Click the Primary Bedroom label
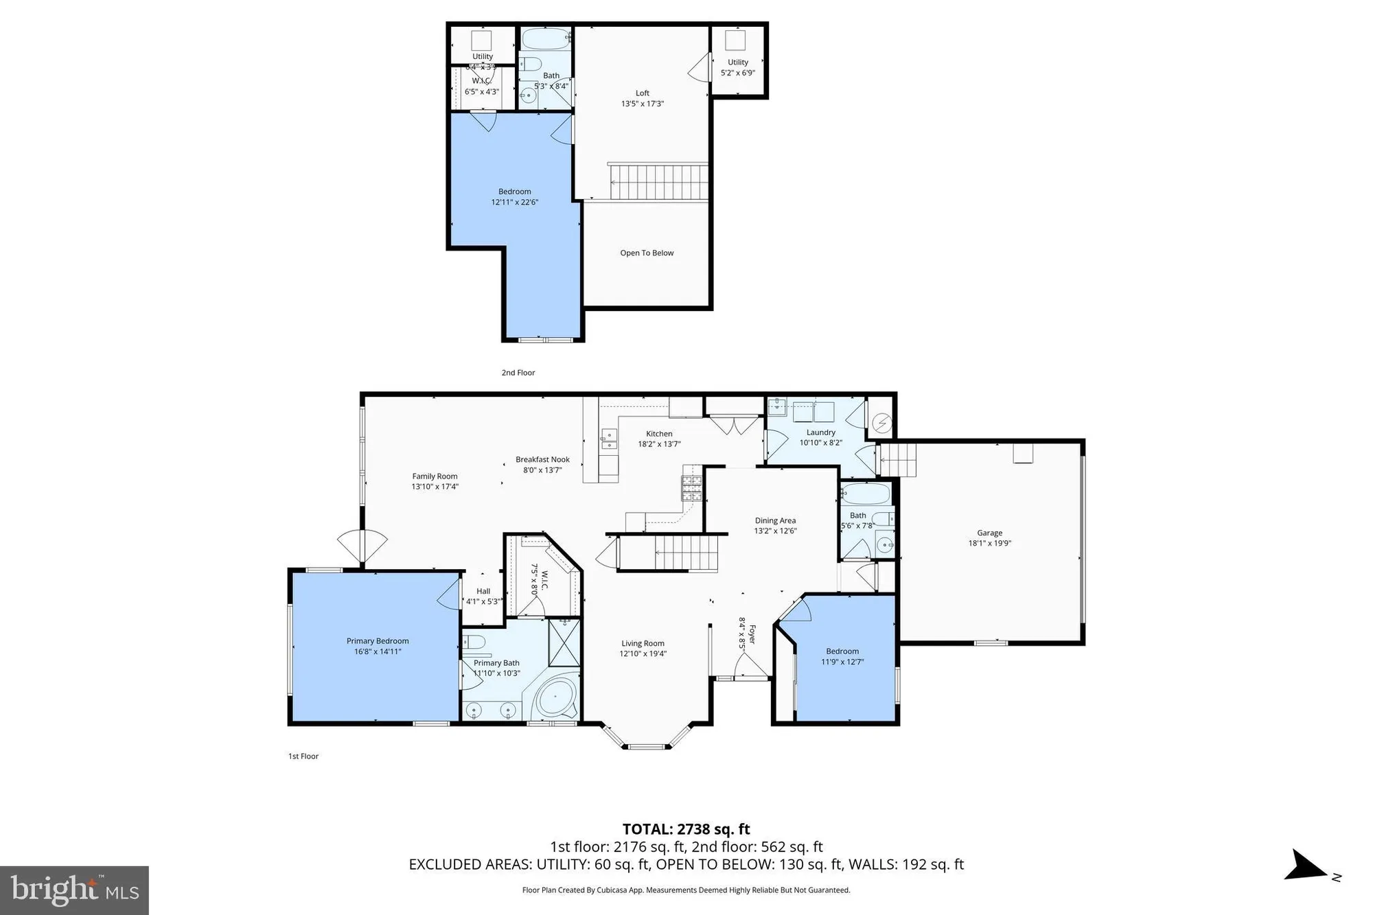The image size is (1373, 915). [x=378, y=641]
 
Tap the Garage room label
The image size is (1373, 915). [x=989, y=533]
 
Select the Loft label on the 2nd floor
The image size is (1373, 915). [x=642, y=93]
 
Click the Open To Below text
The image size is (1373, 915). [x=647, y=253]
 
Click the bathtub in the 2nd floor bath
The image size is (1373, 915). [x=546, y=38]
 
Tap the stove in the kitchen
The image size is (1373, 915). [x=692, y=487]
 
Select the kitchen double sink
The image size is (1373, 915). [x=609, y=439]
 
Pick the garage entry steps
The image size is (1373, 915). [x=899, y=460]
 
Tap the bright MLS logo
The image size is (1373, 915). [x=74, y=890]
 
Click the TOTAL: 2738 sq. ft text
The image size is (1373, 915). [x=686, y=829]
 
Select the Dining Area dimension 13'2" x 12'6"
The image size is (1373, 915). [x=775, y=531]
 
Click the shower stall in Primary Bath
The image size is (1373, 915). [x=564, y=642]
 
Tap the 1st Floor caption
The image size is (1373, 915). [x=303, y=756]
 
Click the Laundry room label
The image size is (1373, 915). [x=820, y=432]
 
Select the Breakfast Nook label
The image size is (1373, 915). [x=542, y=460]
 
